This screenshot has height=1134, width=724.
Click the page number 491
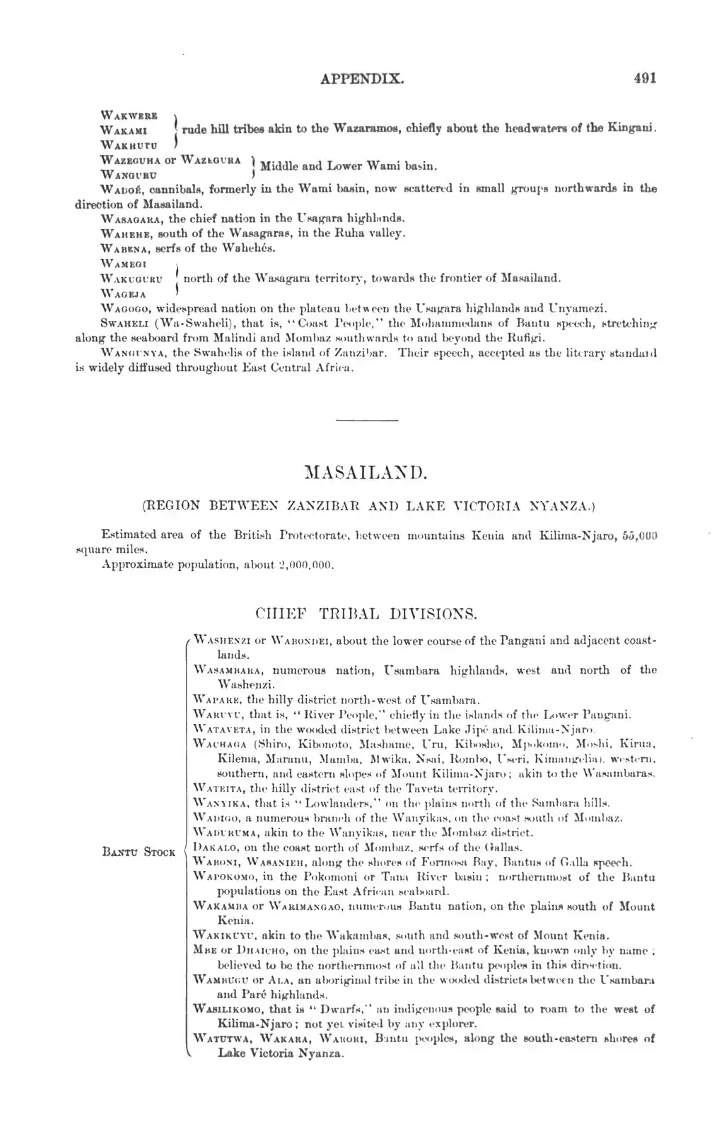(645, 78)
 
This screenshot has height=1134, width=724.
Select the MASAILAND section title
(361, 472)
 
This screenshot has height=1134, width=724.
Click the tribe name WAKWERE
(129, 115)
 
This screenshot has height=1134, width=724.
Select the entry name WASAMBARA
(228, 670)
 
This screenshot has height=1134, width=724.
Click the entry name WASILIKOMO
(228, 1009)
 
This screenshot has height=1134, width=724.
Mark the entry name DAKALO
(212, 847)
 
